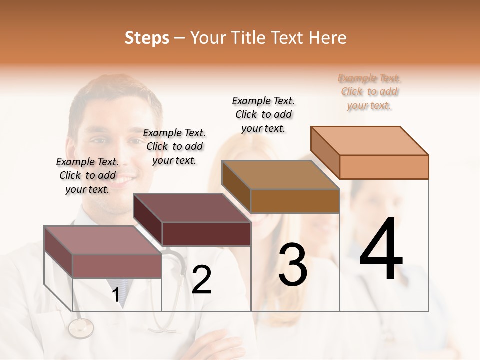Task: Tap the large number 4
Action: (381, 250)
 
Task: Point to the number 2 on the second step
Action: (201, 280)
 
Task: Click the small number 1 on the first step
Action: (116, 295)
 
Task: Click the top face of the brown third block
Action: (281, 175)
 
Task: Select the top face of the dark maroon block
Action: (192, 208)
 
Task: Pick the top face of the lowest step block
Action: (103, 240)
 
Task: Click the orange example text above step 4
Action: (369, 92)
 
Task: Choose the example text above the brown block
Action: (263, 114)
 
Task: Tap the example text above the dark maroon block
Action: (174, 146)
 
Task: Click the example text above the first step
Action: (87, 176)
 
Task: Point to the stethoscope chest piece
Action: (81, 328)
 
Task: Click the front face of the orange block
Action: (384, 167)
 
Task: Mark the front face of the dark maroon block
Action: (206, 234)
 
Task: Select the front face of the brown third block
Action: (295, 201)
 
